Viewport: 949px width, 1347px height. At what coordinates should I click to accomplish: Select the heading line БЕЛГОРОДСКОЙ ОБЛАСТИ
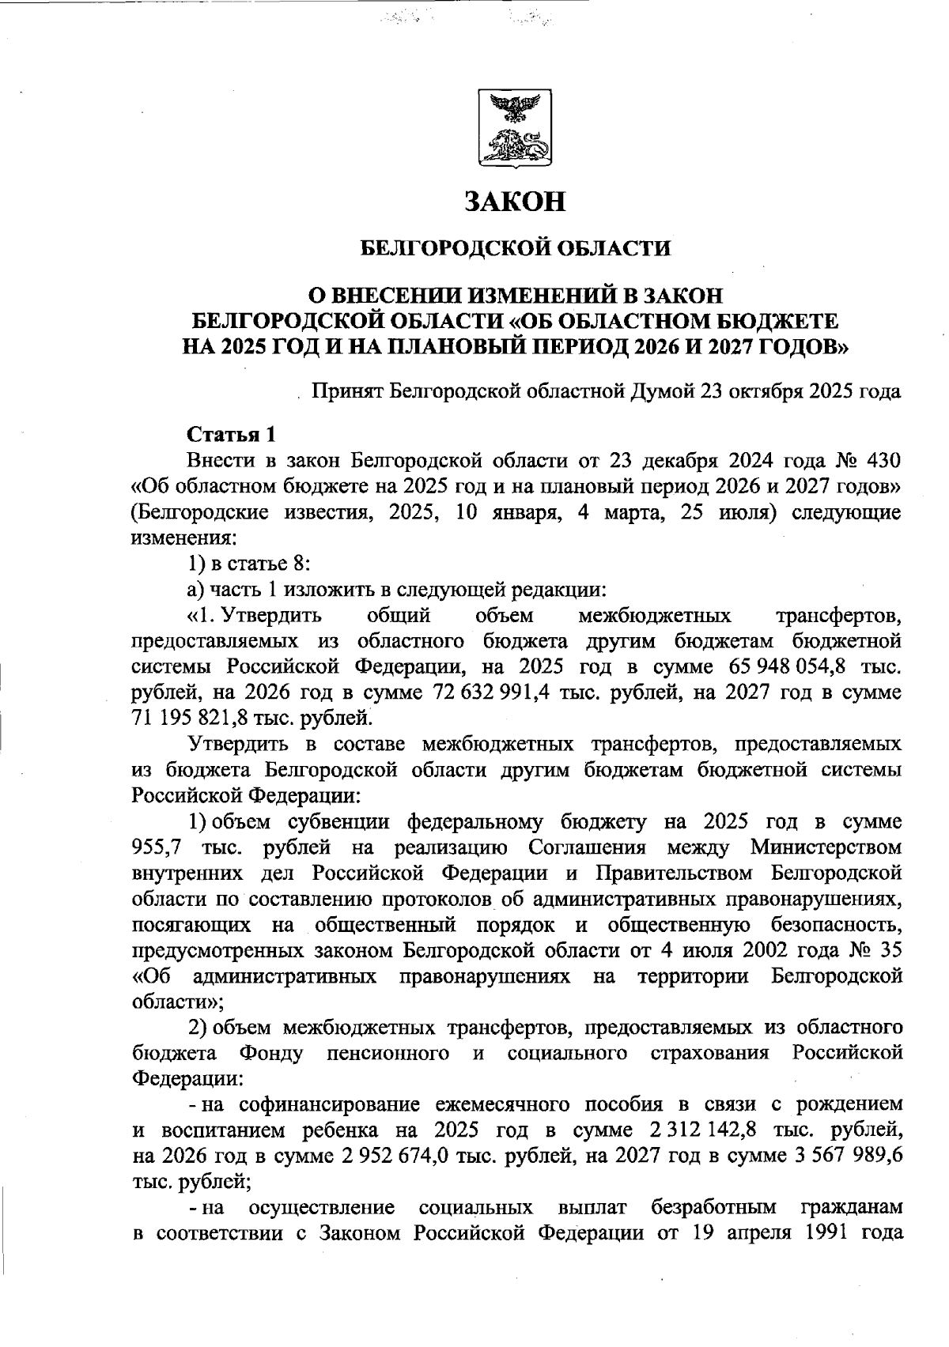click(x=515, y=249)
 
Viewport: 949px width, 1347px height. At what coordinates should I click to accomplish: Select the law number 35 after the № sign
click(x=889, y=950)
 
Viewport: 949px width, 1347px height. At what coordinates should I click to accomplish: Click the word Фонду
click(x=270, y=1053)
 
